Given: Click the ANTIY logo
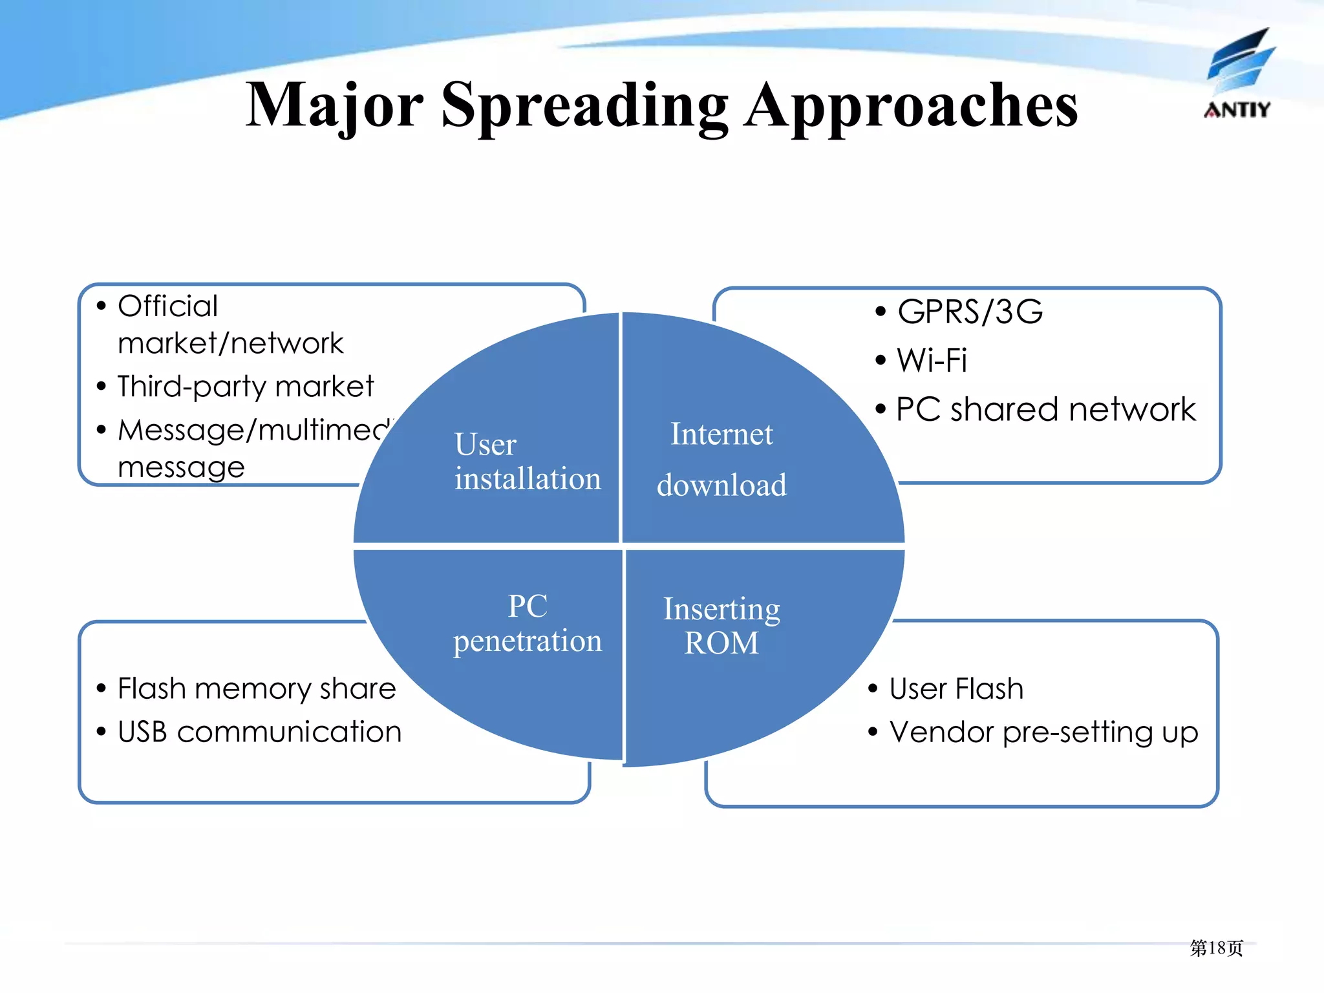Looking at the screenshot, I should click(1238, 74).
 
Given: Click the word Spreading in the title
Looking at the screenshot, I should click(584, 105).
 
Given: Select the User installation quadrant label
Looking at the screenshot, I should click(527, 461).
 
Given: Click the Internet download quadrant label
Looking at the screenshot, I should click(721, 459).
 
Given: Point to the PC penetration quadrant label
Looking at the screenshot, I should click(528, 623).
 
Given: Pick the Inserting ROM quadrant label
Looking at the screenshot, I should click(721, 625).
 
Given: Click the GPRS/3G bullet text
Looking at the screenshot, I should click(970, 312).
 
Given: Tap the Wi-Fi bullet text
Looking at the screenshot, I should click(932, 360).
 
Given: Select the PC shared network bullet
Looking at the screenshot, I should click(1045, 409).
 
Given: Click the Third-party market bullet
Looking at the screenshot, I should click(246, 387).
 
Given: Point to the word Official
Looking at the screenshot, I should click(167, 306).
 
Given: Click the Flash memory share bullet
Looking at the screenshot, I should click(257, 689).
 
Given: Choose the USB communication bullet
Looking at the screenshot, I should click(259, 732).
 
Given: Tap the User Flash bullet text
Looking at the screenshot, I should click(956, 689).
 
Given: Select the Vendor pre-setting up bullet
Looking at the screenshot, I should click(1043, 732).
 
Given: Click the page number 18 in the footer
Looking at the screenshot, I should click(1217, 948).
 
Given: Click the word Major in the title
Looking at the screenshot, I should click(334, 105).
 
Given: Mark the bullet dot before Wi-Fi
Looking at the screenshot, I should click(881, 360).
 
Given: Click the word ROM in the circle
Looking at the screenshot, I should click(721, 643).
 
